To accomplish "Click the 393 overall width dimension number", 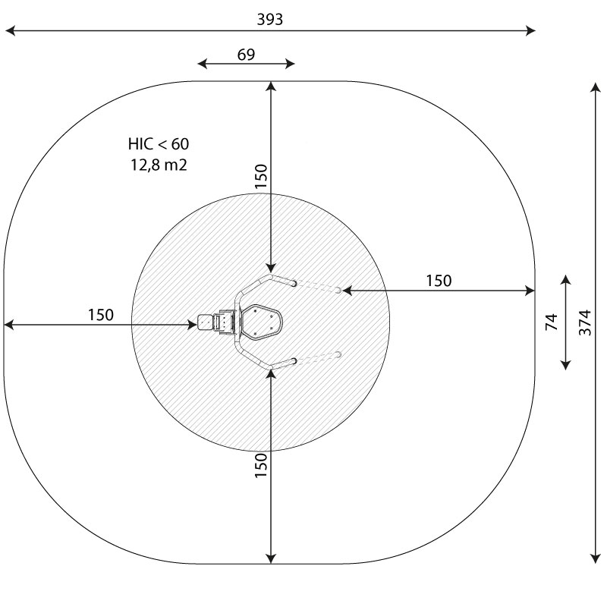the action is coord(270,19).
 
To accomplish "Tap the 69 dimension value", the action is coord(246,55).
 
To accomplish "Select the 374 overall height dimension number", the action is coord(585,322).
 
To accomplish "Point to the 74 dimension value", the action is coord(552,322).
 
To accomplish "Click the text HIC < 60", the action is coord(159,144).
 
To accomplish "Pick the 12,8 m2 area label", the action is coord(159,165).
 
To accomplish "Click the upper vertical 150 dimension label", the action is coord(261,176).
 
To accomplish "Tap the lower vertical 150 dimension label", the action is coord(261,465).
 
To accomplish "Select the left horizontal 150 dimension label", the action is coord(101,315).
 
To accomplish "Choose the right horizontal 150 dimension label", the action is coord(439,281).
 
